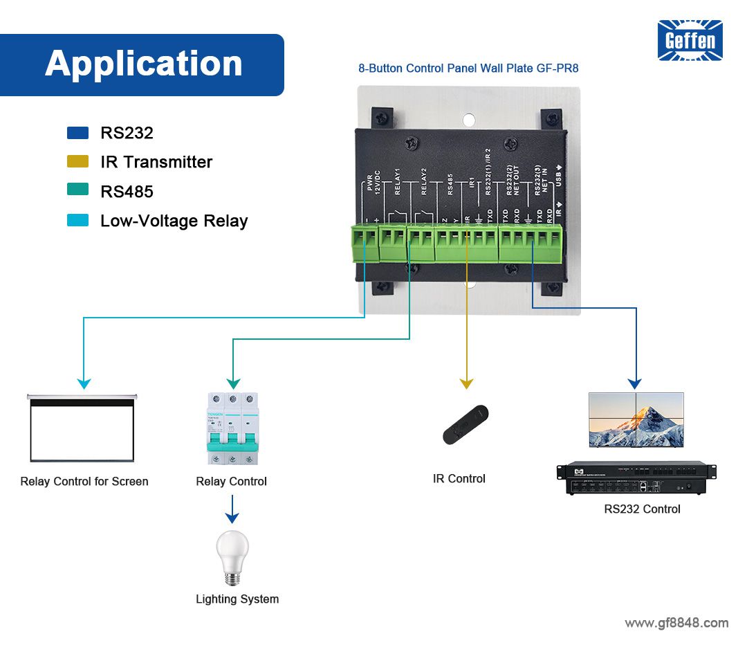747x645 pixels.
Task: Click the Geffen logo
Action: pos(690,40)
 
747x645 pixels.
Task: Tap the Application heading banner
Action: pos(142,64)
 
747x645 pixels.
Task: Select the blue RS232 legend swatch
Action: pos(77,133)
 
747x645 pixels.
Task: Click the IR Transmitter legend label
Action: pos(156,162)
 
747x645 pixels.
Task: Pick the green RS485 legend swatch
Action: pos(77,191)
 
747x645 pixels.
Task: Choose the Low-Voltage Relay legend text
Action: pos(174,221)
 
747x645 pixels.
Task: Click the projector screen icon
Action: pos(82,428)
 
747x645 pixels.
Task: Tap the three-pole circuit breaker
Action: pos(232,429)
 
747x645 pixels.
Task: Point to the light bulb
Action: pos(232,558)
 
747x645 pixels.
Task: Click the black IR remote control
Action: pos(465,424)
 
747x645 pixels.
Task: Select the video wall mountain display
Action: pos(636,420)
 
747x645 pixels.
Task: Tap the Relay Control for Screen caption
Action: pos(84,482)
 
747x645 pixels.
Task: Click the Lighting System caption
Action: pos(237,599)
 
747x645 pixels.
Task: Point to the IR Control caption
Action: pos(459,478)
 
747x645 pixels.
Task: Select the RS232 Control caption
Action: pos(642,509)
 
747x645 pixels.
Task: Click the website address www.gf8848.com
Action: pos(676,623)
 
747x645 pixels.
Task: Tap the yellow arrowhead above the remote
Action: pos(466,383)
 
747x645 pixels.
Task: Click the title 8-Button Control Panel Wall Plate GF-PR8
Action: pos(468,69)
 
